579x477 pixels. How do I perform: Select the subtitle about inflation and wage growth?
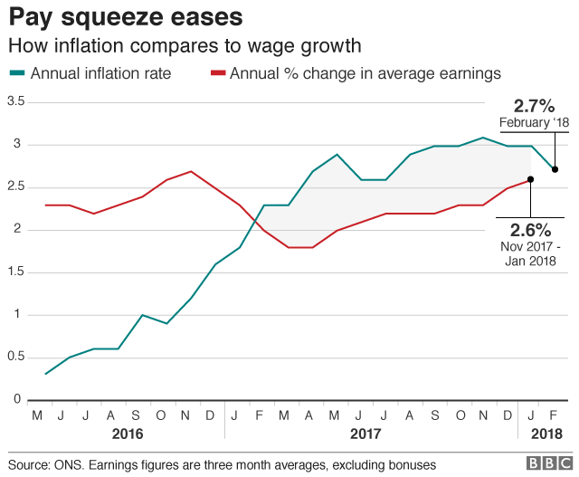click(x=185, y=45)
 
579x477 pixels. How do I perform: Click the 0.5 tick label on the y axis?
click(x=14, y=357)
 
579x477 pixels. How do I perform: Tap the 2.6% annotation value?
click(x=530, y=229)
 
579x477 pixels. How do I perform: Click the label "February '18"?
click(x=534, y=122)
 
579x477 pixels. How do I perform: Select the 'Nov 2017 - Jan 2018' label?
click(x=530, y=253)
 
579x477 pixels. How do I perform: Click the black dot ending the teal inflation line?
click(x=555, y=169)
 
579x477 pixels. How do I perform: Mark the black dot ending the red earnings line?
click(x=530, y=179)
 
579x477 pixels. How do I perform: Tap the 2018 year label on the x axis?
click(x=543, y=434)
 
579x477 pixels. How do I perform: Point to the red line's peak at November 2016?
click(x=191, y=171)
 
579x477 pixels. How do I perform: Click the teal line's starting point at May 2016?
click(x=46, y=374)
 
